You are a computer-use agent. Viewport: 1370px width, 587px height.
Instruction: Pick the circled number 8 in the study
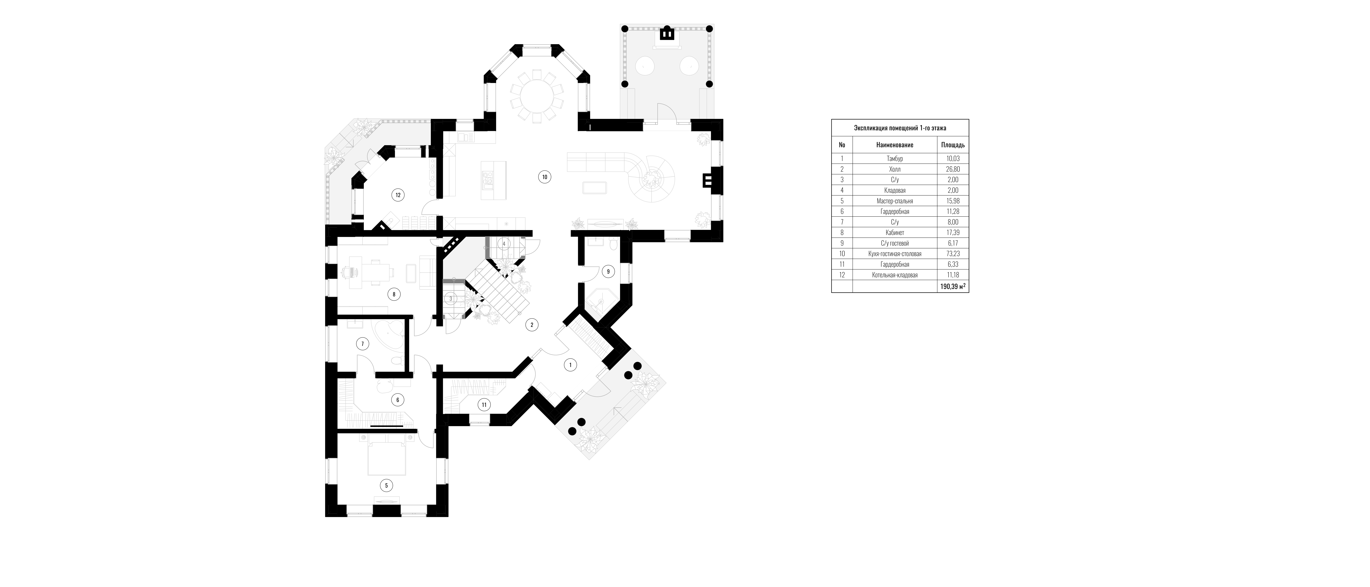pyautogui.click(x=393, y=294)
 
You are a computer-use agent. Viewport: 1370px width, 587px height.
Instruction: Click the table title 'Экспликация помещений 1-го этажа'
pyautogui.click(x=900, y=128)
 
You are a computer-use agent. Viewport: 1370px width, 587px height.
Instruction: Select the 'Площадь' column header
pyautogui.click(x=953, y=145)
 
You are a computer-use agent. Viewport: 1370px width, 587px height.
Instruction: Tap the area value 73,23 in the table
pyautogui.click(x=953, y=254)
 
